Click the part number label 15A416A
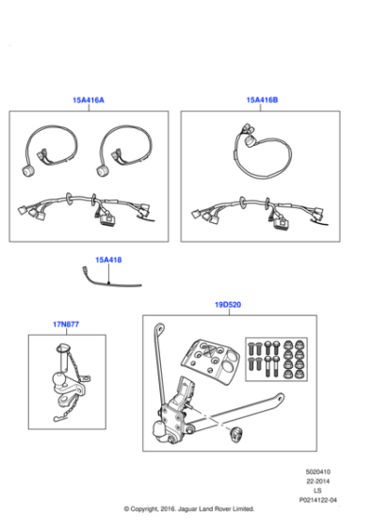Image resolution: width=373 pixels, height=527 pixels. tap(89, 100)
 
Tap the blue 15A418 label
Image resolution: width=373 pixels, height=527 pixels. tap(108, 259)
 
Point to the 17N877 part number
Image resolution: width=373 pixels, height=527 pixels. tap(65, 324)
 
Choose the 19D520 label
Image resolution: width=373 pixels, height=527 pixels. tap(227, 305)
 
